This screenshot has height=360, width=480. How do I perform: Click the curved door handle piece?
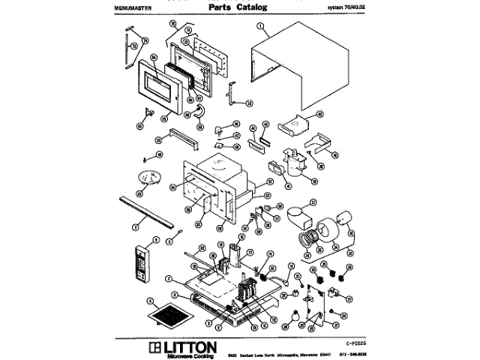(199, 110)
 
